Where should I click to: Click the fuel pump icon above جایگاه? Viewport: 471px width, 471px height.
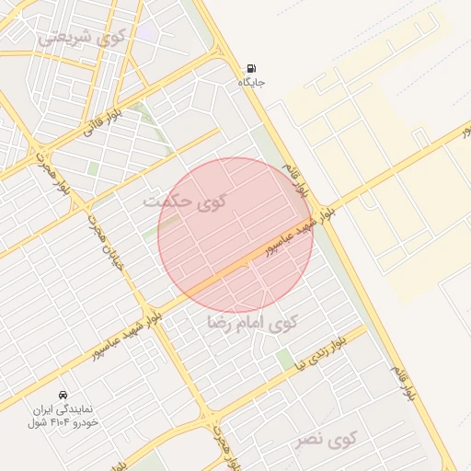click(x=252, y=69)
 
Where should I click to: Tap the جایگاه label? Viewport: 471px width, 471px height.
click(x=252, y=83)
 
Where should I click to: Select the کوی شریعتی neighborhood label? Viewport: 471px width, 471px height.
click(x=81, y=38)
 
